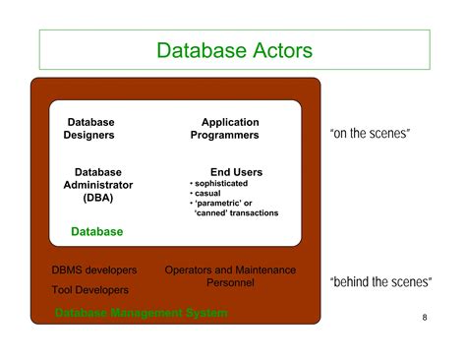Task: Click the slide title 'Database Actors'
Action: pos(234,49)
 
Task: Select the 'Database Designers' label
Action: pos(90,128)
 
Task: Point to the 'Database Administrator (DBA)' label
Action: pos(97,185)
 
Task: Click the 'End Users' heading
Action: pos(236,172)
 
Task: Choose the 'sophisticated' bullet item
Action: pos(221,183)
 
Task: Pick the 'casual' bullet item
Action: pos(208,194)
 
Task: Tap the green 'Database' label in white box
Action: pos(97,232)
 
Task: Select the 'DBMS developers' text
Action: pos(93,270)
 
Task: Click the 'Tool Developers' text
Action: pos(89,290)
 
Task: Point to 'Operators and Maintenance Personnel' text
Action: pos(230,276)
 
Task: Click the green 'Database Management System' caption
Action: pos(141,313)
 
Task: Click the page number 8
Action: pos(424,318)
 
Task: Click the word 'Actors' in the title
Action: pos(276,49)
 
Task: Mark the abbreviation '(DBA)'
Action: pos(97,198)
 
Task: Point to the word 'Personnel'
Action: pos(230,283)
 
